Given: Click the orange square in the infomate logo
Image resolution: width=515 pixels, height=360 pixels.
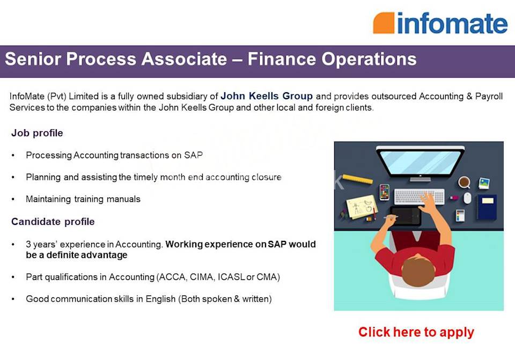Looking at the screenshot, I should click(x=384, y=23).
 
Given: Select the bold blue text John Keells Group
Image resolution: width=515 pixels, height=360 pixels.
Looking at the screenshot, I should click(x=267, y=97).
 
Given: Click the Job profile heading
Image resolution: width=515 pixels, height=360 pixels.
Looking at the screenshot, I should click(x=37, y=133).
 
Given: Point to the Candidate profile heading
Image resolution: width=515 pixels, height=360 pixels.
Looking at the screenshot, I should click(x=53, y=222).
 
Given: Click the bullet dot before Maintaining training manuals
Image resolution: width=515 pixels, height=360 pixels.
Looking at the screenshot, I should click(x=13, y=200).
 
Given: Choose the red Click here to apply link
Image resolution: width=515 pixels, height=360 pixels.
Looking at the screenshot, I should click(x=416, y=332).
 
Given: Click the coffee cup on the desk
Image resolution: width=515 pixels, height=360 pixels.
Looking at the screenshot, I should click(x=464, y=182).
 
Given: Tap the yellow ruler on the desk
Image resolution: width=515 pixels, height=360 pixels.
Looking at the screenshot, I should click(x=357, y=179).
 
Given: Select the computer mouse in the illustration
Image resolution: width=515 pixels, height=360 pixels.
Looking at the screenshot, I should click(x=467, y=198).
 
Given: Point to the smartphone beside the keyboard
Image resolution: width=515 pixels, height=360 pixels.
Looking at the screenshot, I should click(x=384, y=192).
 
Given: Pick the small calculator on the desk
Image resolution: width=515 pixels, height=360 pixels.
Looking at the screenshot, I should click(x=460, y=215).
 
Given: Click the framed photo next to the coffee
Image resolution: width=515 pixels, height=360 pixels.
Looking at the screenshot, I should click(x=484, y=183).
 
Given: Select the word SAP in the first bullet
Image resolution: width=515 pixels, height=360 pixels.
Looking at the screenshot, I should click(x=193, y=156).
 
